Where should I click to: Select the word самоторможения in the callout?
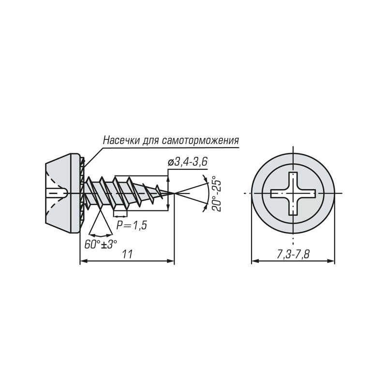[201, 141]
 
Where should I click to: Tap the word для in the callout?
[151, 141]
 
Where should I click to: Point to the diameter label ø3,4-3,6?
[187, 162]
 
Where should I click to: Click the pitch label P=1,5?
[132, 225]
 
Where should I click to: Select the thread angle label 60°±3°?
[101, 244]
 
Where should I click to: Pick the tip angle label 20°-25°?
[217, 193]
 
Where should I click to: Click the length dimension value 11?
[127, 254]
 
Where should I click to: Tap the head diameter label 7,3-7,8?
[293, 254]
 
